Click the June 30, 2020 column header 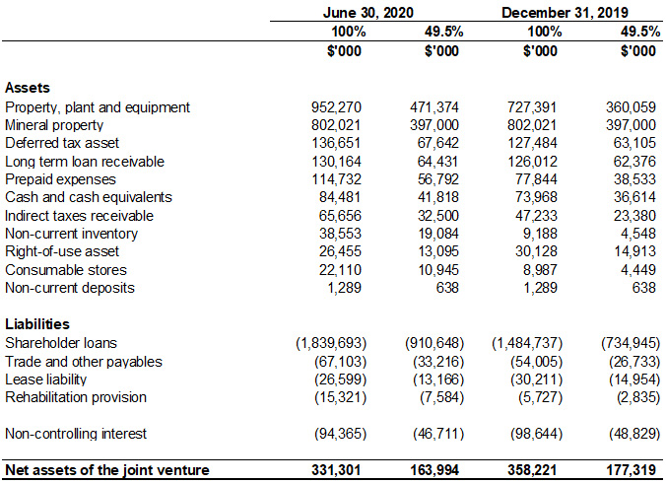pos(367,13)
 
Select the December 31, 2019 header pos(565,13)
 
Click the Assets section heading pos(28,88)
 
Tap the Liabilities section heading pos(37,324)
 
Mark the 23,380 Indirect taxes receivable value pos(635,215)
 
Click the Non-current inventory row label pos(71,234)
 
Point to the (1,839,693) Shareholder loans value pos(332,342)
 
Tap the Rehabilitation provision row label pos(76,396)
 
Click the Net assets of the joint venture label pos(107,470)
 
